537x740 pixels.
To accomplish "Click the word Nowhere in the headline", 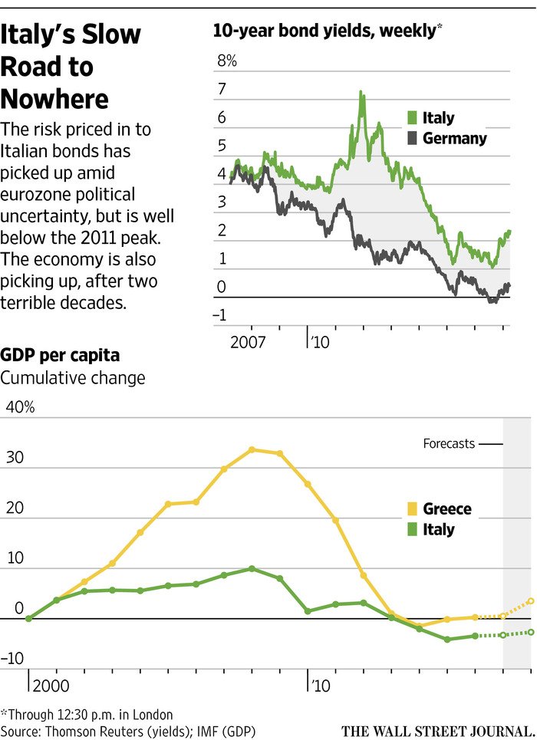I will [54, 99].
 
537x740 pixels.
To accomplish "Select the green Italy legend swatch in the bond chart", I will [410, 118].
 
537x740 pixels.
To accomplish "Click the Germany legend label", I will [454, 139].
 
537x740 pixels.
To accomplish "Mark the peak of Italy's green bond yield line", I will [361, 92].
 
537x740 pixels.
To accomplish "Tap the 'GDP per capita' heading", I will [60, 356].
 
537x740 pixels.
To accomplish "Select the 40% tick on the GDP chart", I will [20, 407].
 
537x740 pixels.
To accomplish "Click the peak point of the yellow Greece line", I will [252, 449].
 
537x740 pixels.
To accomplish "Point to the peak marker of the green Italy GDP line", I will [252, 568].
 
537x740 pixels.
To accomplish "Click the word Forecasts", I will [449, 443].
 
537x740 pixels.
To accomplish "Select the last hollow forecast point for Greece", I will [531, 601].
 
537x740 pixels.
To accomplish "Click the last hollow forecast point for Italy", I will [531, 632].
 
